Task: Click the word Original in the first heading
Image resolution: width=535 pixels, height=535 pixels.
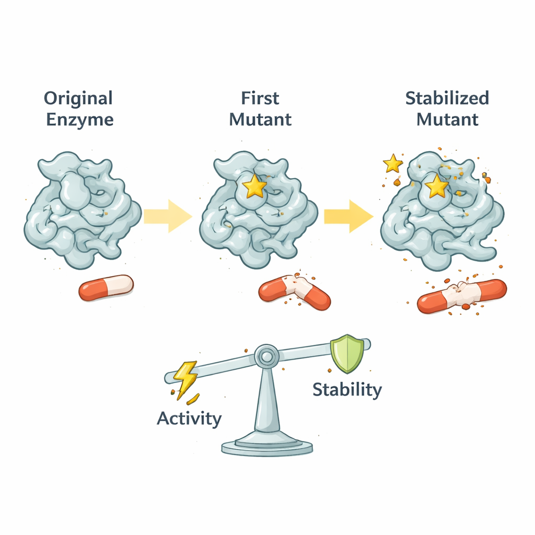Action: pos(78,98)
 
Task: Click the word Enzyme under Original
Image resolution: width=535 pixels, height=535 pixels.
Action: pos(79,120)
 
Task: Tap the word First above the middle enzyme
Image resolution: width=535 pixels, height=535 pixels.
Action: pos(260,98)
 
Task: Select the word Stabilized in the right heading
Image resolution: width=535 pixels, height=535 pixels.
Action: pos(447,98)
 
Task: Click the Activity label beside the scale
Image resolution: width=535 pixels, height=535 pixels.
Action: pos(189,418)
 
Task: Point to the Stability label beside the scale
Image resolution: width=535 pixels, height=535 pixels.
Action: pos(347,390)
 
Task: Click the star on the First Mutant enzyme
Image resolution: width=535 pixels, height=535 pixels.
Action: pos(255,186)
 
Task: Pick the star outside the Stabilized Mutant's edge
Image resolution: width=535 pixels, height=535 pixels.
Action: pos(393,164)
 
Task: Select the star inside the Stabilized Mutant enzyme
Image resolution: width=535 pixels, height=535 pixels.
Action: pos(437,186)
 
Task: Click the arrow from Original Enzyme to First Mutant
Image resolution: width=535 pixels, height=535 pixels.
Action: pos(167,216)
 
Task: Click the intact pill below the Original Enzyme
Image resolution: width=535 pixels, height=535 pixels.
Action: pos(106,287)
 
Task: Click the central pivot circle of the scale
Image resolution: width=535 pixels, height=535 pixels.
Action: pos(266,357)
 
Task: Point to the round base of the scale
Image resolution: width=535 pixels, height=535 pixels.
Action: pos(266,447)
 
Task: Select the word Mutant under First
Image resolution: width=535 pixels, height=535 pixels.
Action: pos(260,120)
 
